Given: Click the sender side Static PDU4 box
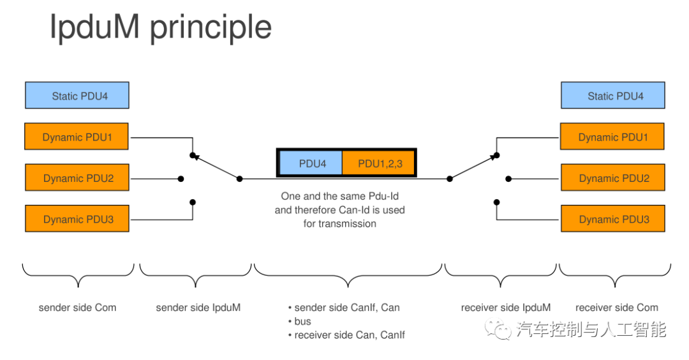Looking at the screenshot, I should point(77,96).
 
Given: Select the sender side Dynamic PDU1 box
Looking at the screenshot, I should point(77,137).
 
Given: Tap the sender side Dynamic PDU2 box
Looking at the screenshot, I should point(77,178).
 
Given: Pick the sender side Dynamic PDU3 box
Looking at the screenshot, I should point(77,219).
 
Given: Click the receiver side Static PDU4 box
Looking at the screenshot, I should point(612,96).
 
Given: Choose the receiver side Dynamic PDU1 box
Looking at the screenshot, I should point(612,137).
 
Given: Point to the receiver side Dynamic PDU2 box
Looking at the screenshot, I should point(612,178).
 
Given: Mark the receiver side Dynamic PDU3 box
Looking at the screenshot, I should point(612,219).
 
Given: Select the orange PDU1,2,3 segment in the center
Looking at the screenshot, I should point(379,163).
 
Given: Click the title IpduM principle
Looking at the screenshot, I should point(161,28).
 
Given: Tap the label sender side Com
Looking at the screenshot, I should point(77,308).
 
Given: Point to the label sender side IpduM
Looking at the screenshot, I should point(198,308).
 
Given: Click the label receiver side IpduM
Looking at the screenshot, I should point(505,308).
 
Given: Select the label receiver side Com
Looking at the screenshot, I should point(616,308).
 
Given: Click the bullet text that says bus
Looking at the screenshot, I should point(302,321).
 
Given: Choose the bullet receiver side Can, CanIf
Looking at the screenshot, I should point(349,334).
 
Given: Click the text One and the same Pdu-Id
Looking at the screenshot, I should point(339,196).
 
